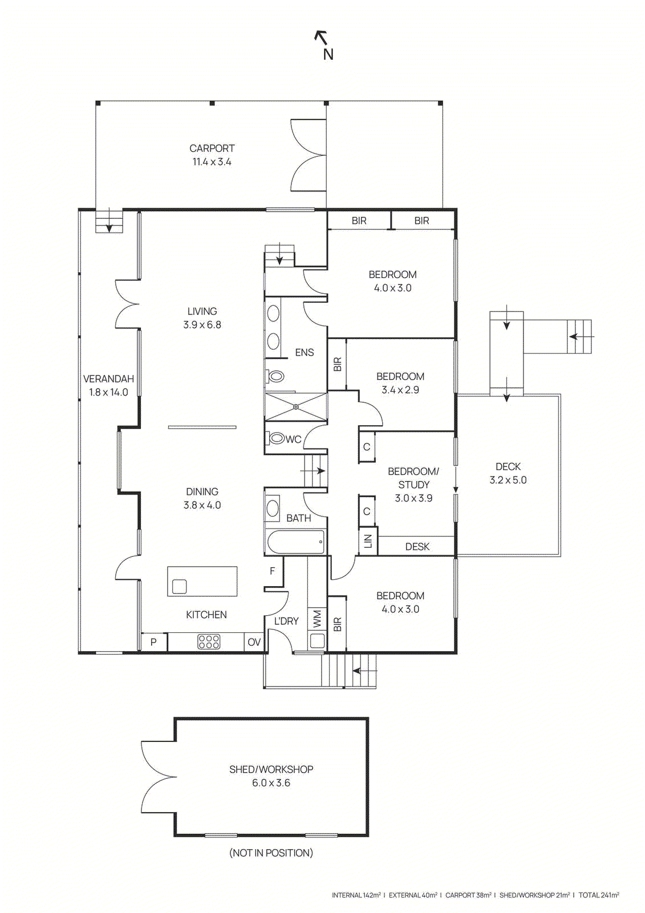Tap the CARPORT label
(212, 148)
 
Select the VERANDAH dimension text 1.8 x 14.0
(108, 393)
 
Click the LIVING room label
(202, 312)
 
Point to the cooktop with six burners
(209, 642)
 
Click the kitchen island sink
(179, 587)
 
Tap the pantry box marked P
(153, 642)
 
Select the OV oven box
(254, 642)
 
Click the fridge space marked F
(273, 571)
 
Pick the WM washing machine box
(317, 619)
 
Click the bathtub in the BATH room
(296, 542)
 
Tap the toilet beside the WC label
(277, 438)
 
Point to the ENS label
(304, 353)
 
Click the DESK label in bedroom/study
(417, 547)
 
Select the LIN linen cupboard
(367, 541)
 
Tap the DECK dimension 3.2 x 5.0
(508, 480)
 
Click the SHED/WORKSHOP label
(271, 770)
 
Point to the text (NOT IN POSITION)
(271, 853)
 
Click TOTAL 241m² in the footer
(599, 895)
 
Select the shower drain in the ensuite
(296, 407)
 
